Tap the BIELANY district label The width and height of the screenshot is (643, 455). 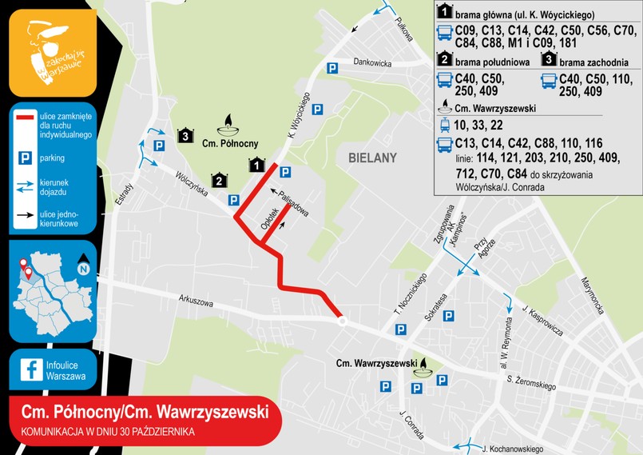click(372, 158)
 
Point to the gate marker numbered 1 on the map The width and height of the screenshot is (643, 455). click(256, 166)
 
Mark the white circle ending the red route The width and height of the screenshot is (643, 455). click(342, 321)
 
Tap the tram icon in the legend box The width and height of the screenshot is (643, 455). click(444, 125)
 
